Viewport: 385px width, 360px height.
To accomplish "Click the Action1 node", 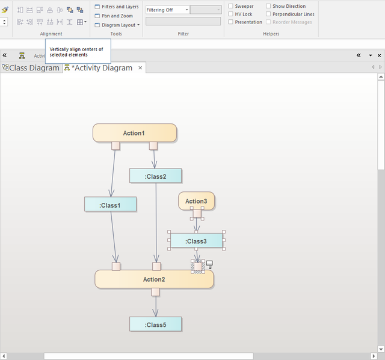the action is click(135, 133).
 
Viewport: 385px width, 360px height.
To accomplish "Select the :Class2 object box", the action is click(155, 176).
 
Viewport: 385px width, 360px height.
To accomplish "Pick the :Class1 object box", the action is click(110, 204).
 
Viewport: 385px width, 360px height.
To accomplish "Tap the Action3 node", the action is click(197, 200).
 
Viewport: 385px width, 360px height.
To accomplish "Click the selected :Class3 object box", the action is click(197, 240).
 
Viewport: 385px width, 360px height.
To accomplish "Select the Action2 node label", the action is click(154, 279).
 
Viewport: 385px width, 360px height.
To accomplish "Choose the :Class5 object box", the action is click(155, 324).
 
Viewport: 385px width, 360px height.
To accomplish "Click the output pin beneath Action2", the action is click(155, 292).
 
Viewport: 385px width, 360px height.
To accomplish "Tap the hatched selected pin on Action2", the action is click(198, 267).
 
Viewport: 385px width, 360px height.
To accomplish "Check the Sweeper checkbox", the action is click(231, 6).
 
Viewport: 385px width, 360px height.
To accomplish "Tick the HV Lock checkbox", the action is click(231, 14).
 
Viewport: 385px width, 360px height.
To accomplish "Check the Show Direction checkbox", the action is click(268, 6).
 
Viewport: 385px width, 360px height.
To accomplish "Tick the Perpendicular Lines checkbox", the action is click(268, 14).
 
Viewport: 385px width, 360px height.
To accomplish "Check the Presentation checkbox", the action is click(231, 22).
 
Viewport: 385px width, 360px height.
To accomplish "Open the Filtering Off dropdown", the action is click(167, 10).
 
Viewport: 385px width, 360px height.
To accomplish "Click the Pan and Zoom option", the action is click(114, 16).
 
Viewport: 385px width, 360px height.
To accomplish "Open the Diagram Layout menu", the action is click(117, 25).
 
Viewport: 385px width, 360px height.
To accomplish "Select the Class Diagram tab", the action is click(31, 67).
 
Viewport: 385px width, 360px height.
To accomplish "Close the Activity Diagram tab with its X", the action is click(140, 67).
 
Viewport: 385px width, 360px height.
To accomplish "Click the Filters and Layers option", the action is click(117, 7).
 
